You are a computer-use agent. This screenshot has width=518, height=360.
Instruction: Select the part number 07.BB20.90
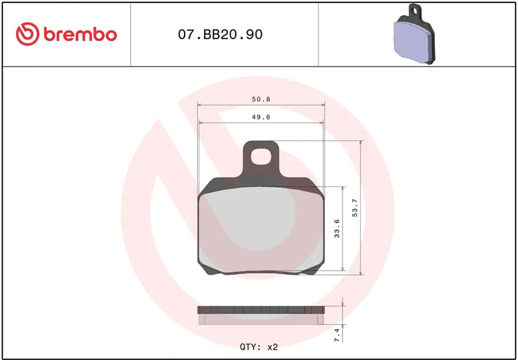[220, 35]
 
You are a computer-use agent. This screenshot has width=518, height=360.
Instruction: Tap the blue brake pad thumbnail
[414, 39]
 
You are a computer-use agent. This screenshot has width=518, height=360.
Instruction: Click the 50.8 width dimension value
[261, 99]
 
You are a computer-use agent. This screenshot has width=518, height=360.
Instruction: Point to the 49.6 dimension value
[261, 117]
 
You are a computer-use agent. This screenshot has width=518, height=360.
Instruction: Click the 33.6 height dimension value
[337, 229]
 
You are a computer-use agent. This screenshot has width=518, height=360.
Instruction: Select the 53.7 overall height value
[354, 209]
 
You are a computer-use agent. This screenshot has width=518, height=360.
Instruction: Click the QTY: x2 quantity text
[259, 347]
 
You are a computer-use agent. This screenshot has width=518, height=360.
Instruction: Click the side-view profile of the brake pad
[262, 315]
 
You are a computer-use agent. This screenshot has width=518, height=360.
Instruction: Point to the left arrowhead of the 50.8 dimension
[200, 105]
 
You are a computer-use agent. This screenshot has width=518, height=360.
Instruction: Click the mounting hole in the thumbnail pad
[415, 9]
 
